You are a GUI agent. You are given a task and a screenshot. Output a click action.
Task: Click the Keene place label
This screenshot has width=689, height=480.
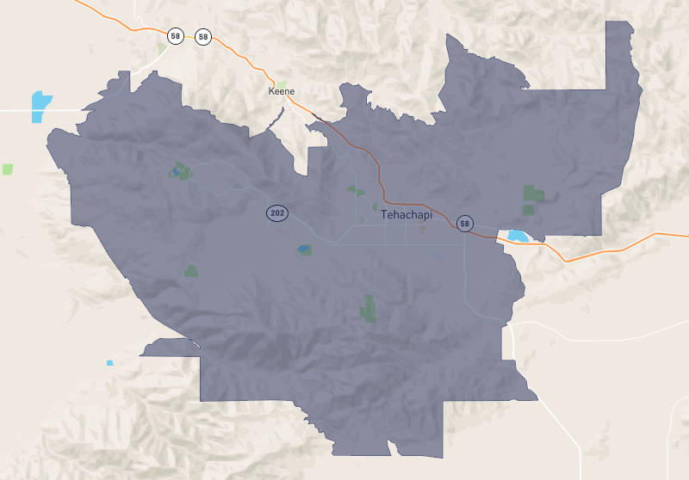(282, 91)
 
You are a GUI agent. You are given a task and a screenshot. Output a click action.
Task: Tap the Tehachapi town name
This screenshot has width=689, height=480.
(406, 215)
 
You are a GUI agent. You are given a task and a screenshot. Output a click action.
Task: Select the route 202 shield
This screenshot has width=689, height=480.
(276, 212)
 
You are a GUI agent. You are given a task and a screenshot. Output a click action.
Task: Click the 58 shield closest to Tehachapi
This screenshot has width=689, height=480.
(465, 224)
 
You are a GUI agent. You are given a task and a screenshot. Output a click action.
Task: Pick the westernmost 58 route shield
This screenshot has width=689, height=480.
(176, 36)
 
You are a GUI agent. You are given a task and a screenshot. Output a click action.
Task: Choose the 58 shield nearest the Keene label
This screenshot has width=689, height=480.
(203, 36)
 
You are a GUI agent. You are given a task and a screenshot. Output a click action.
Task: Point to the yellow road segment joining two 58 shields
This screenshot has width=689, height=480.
(189, 36)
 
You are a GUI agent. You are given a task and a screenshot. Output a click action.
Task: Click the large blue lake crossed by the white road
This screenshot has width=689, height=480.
(40, 105)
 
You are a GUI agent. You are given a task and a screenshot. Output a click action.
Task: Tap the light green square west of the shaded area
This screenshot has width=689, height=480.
(9, 169)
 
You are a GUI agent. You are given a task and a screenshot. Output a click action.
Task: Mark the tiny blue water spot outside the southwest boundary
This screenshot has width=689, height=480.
(109, 363)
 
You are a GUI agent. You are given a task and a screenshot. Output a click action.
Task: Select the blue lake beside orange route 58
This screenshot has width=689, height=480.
(517, 235)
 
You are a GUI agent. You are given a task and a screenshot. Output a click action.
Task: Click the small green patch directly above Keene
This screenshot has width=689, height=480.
(282, 83)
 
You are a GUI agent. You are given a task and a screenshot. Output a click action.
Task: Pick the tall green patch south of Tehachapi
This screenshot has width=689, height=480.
(369, 308)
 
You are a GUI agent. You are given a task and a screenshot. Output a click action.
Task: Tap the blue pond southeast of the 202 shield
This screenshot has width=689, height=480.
(304, 249)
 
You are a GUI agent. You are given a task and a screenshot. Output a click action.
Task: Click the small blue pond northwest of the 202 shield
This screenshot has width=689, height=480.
(176, 171)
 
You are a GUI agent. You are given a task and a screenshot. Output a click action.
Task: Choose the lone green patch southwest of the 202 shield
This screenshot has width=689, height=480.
(190, 272)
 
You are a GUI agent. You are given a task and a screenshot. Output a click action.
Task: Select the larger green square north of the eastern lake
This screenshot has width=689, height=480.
(531, 194)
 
